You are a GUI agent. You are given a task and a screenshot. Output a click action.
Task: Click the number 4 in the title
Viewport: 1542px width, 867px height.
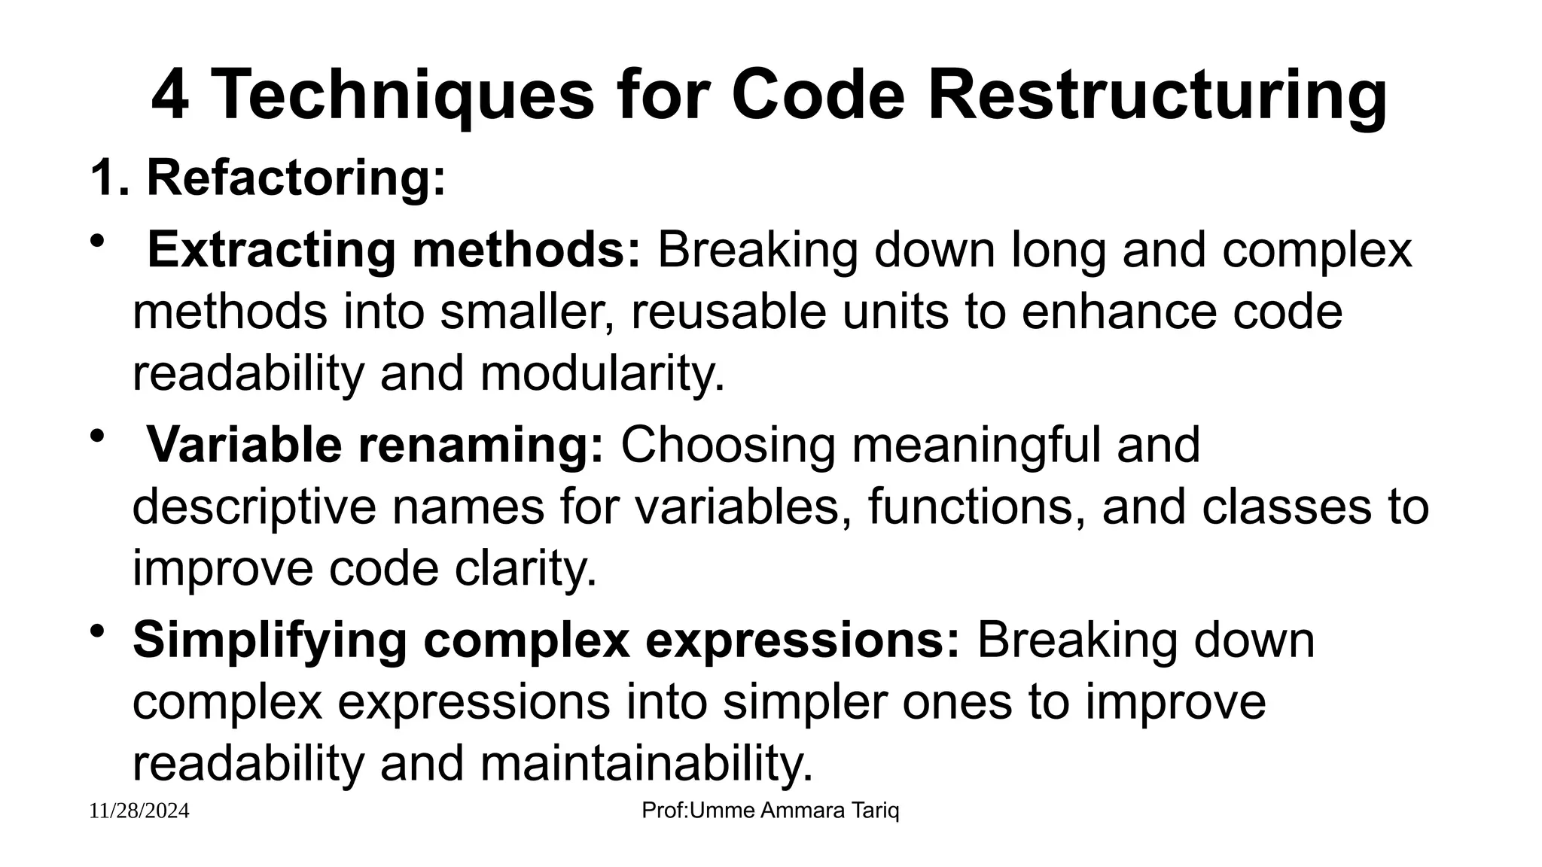click(170, 96)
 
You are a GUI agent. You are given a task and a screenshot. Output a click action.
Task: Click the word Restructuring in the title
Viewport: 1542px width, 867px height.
click(1157, 96)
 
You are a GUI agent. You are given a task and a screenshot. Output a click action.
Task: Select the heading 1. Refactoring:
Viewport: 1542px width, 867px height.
click(268, 178)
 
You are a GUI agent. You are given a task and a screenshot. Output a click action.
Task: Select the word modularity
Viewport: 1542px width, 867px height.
click(602, 373)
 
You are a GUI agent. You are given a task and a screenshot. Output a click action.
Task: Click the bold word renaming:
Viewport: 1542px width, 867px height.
click(480, 445)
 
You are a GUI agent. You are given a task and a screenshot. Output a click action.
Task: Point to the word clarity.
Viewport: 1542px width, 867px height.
click(525, 568)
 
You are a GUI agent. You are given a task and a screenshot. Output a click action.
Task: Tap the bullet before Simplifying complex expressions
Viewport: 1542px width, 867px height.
click(96, 631)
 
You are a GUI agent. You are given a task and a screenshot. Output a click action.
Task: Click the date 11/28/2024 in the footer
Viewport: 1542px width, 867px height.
click(139, 811)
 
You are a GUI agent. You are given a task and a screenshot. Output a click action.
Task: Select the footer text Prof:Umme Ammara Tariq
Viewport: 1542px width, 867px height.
click(770, 811)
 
